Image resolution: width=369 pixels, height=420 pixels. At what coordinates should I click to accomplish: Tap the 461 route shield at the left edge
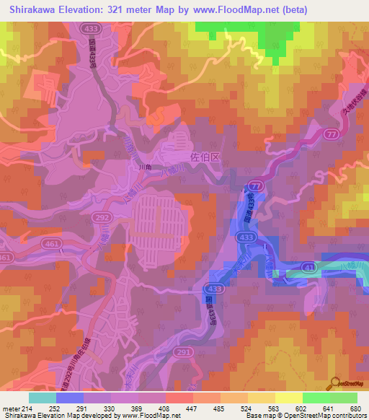6,258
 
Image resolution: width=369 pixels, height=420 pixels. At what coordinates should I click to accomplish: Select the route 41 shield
308,268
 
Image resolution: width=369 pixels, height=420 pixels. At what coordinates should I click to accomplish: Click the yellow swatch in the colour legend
288,398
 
